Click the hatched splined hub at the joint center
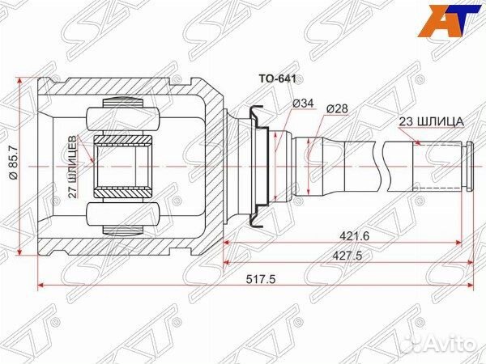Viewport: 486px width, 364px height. pos(124,165)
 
